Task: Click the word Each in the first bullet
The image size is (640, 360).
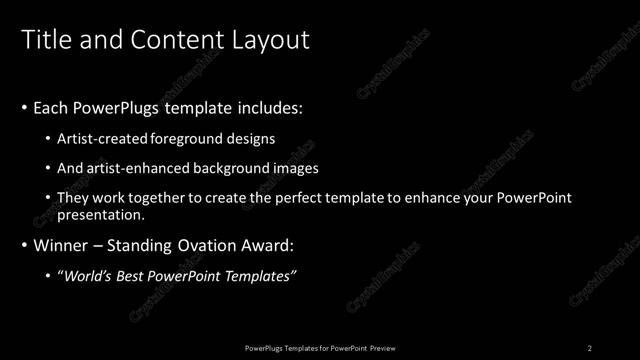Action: point(51,107)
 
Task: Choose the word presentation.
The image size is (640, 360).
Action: point(104,214)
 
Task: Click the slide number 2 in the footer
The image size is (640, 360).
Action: point(590,347)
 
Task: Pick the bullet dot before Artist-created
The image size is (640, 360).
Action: point(49,138)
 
